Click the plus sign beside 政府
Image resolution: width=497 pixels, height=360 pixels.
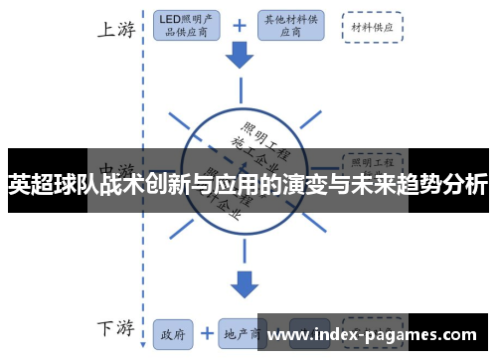click(207, 333)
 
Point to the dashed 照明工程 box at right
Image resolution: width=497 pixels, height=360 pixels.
click(372, 158)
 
